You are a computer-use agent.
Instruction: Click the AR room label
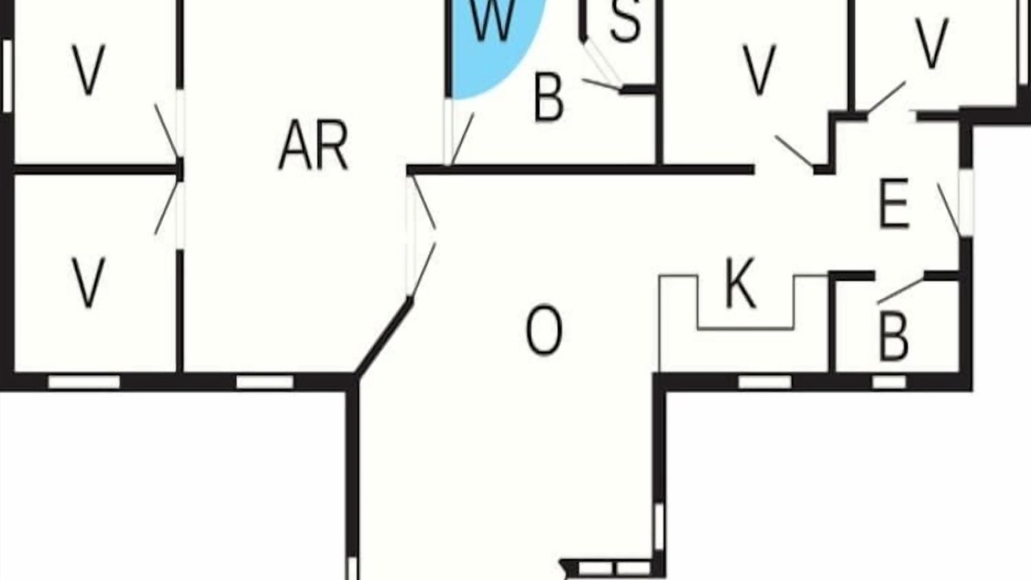point(313,146)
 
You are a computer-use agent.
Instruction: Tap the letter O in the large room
point(544,330)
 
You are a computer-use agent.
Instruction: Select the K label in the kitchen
point(740,283)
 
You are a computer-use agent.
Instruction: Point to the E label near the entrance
point(894,204)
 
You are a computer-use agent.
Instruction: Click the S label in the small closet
point(625,21)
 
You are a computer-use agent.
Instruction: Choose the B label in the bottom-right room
point(893,337)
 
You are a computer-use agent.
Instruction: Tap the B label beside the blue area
point(549,97)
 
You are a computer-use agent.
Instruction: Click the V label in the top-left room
point(89,69)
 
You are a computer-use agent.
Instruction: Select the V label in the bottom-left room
point(89,282)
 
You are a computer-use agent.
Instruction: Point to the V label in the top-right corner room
point(933,43)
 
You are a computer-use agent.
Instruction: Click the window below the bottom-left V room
point(85,382)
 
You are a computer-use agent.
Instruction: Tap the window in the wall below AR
point(265,382)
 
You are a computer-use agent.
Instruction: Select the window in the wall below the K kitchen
point(765,382)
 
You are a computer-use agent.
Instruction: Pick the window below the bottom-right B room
point(889,382)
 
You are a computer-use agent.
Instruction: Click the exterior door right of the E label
point(966,203)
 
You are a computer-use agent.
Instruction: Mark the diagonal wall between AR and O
point(384,338)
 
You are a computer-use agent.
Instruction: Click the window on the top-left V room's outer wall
point(7,76)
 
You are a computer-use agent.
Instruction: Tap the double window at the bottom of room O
point(614,568)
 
